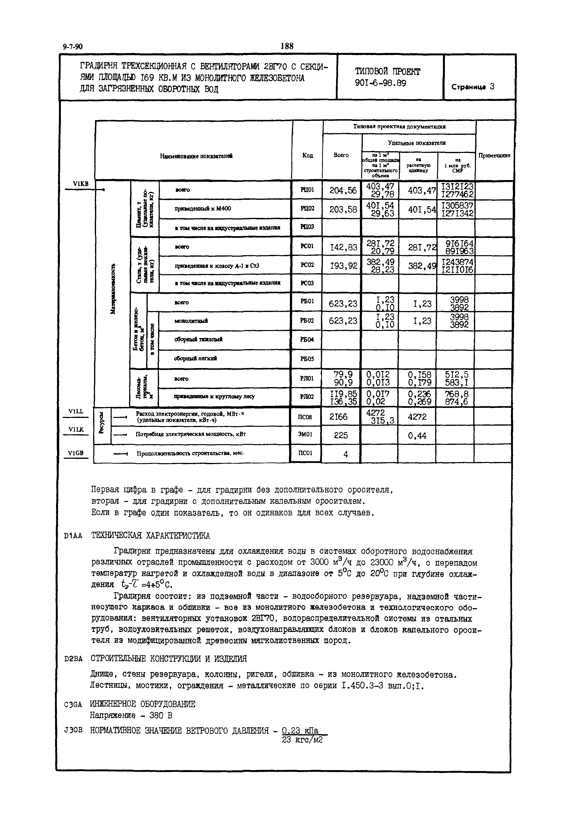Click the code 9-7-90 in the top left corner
tap(72, 47)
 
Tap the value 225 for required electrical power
tap(341, 435)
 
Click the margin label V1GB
tap(76, 453)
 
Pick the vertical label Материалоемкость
tap(113, 289)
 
